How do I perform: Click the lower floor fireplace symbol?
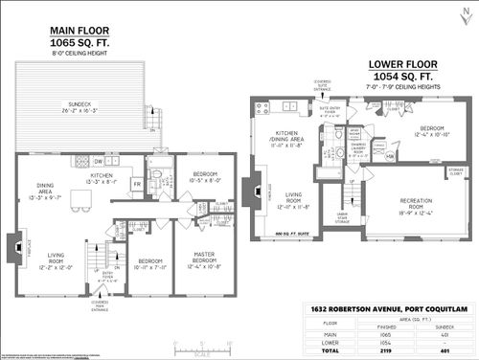[252, 191]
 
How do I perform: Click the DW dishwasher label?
[99, 163]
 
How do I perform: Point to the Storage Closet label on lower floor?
[453, 172]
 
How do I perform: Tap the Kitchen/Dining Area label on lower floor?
[288, 139]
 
